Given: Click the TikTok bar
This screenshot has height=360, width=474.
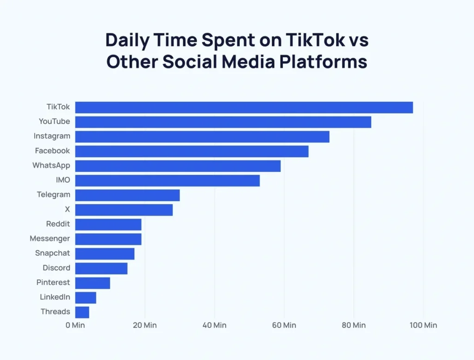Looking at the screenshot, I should (x=244, y=107).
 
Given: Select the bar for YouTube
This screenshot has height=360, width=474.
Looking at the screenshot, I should (x=223, y=122).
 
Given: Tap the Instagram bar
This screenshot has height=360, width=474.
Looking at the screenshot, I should (x=202, y=137).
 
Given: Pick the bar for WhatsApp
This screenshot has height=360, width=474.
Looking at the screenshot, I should (x=178, y=166).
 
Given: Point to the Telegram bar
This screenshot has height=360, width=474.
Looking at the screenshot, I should (x=127, y=195).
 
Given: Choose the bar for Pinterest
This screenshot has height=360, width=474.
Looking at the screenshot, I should (x=93, y=283).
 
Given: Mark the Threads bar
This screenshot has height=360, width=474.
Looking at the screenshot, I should (x=82, y=312).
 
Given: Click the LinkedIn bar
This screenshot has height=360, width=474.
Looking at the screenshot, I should (x=86, y=298).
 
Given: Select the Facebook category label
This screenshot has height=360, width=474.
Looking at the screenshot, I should (x=52, y=151).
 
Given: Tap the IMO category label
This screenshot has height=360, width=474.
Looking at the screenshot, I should (x=62, y=180).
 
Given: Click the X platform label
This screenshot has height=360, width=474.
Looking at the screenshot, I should (x=68, y=209).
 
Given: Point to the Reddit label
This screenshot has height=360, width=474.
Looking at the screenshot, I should (x=58, y=224).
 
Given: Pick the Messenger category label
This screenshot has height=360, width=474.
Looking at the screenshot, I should (x=50, y=239).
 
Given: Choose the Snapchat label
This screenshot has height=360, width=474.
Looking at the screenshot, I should (x=52, y=253).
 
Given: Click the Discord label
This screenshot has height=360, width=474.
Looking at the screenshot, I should (x=56, y=268).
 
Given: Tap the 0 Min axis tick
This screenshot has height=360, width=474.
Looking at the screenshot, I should (x=75, y=325).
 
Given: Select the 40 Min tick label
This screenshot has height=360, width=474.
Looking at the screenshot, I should (x=214, y=325).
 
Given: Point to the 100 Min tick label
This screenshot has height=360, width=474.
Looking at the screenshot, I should (x=423, y=325).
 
